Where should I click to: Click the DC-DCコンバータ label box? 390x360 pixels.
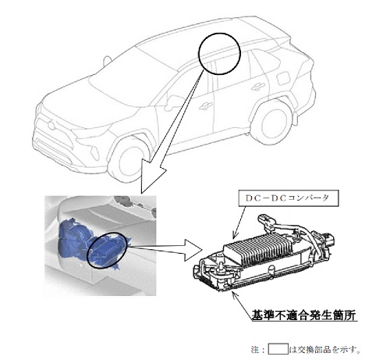[289, 198]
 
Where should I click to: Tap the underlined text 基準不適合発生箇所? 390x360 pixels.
[303, 315]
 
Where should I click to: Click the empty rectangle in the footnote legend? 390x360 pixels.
[278, 349]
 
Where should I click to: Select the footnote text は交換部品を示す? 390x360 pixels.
[324, 349]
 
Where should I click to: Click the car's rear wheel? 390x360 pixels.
[272, 123]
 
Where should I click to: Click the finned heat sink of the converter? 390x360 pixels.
[257, 247]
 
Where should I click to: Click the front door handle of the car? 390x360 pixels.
[206, 106]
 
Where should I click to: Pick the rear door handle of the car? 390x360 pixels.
[258, 86]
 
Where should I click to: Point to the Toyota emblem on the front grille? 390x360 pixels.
[51, 125]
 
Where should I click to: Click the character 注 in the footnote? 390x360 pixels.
[255, 349]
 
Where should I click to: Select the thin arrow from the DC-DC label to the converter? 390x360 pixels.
[239, 223]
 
